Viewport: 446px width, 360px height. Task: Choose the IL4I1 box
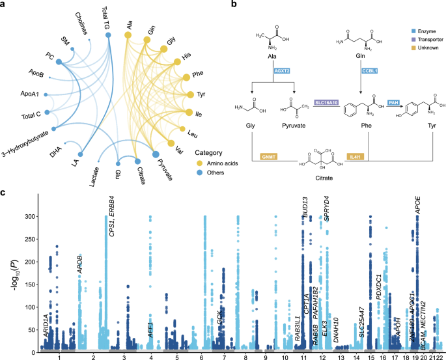pos(354,157)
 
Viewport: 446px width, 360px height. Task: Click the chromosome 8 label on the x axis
pos(246,356)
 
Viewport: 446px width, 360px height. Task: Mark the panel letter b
pos(225,5)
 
